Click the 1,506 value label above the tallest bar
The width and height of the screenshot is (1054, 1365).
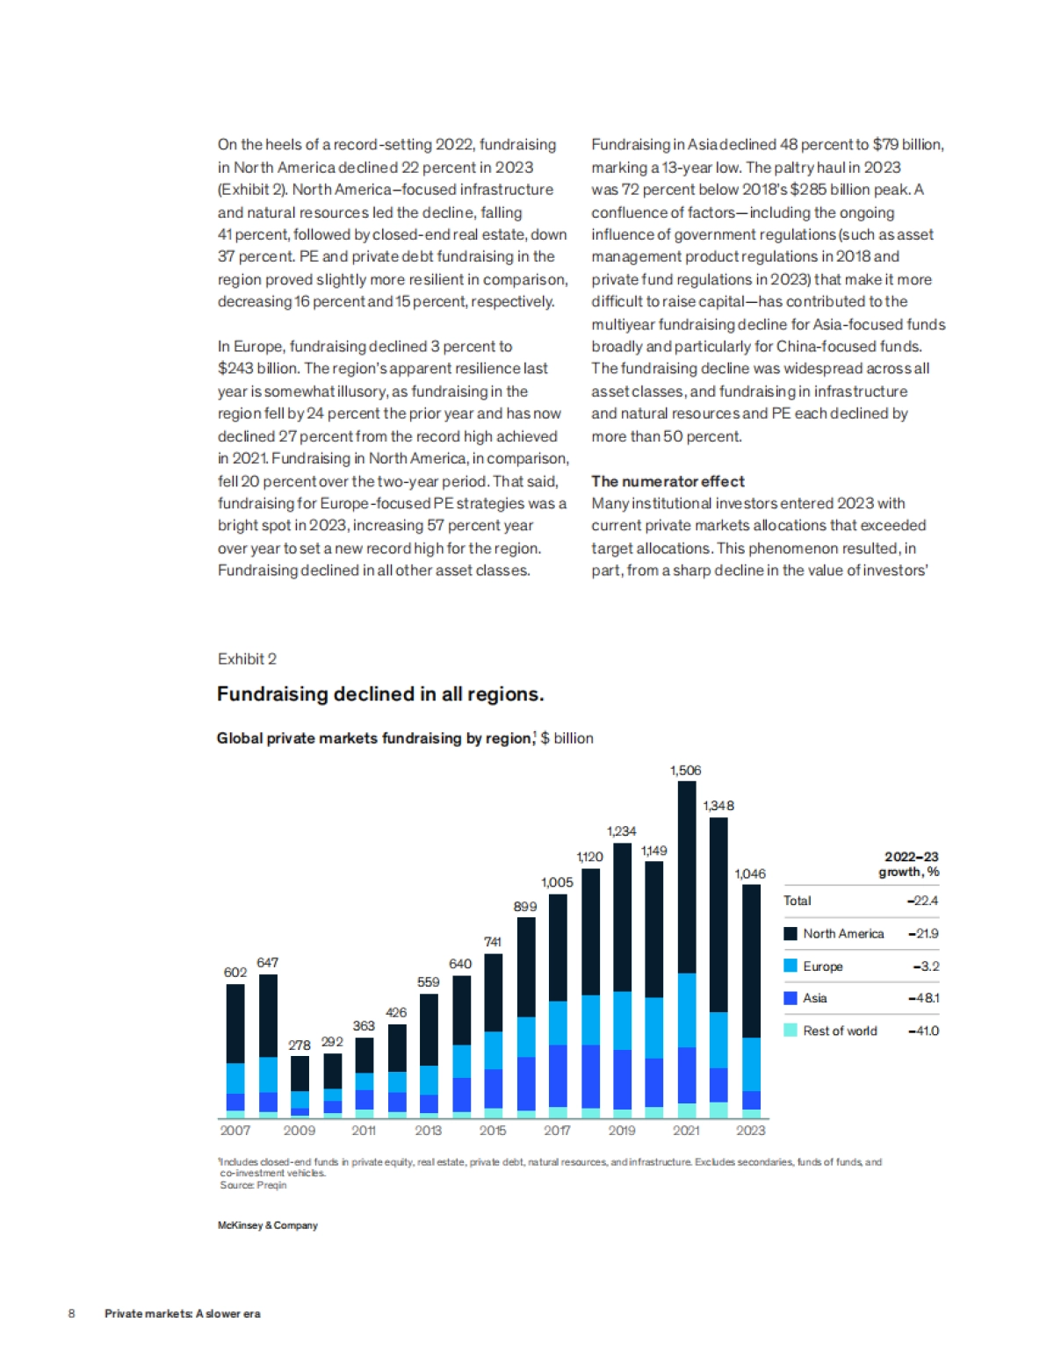pos(685,771)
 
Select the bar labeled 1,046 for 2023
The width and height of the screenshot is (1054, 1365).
pos(751,1001)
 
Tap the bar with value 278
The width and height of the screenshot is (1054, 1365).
pos(300,1086)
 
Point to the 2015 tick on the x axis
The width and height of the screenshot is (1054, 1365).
pos(493,1131)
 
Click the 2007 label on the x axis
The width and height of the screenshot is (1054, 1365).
pos(235,1131)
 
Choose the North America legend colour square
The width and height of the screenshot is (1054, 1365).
pos(790,934)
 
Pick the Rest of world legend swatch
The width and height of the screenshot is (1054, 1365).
pos(790,1031)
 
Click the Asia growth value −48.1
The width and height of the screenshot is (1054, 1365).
pos(923,998)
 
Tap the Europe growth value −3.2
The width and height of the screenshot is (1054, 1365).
pos(926,966)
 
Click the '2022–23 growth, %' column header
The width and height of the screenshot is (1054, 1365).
pos(910,865)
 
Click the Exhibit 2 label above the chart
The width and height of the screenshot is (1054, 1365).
pos(247,659)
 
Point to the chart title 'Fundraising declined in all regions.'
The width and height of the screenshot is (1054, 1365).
pos(380,694)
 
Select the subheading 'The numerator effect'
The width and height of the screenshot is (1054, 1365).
pos(668,481)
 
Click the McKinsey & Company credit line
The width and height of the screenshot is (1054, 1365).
pos(268,1225)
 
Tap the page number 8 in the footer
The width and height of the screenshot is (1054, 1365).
pos(72,1314)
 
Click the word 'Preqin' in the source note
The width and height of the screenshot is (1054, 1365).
pos(271,1185)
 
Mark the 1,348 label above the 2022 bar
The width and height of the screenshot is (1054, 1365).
pos(718,806)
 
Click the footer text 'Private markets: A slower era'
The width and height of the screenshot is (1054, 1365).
pos(183,1314)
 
